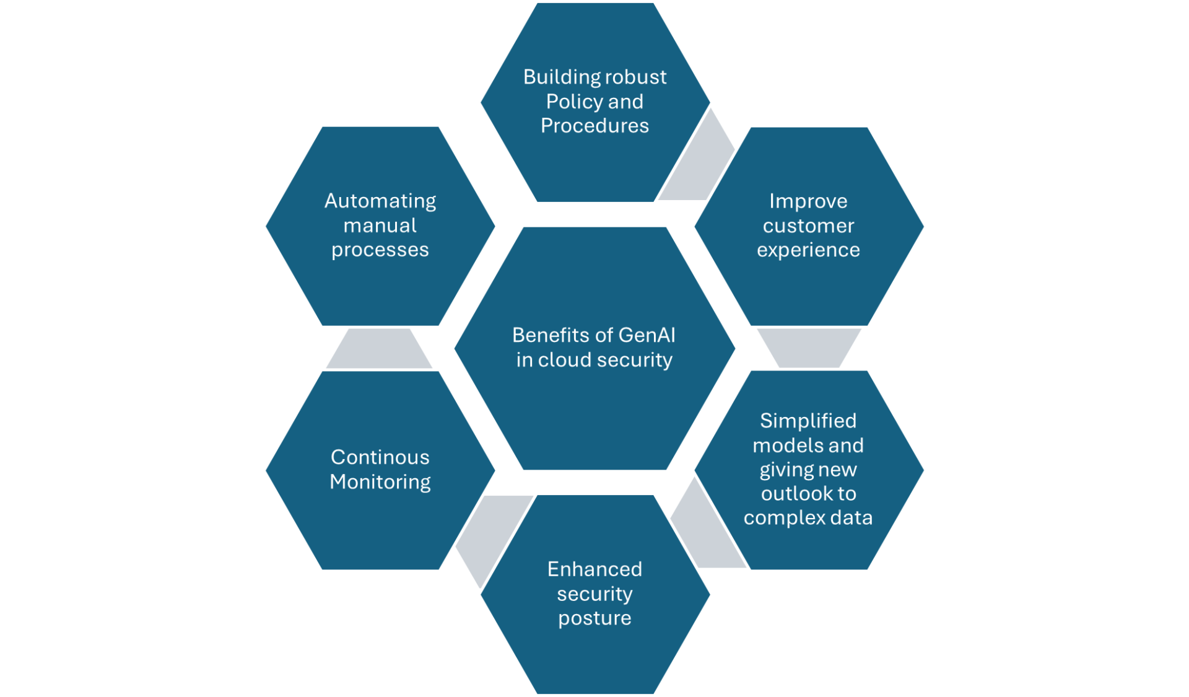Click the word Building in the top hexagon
click(x=552, y=77)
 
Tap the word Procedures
click(x=594, y=126)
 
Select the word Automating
click(x=380, y=201)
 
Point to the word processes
click(x=380, y=250)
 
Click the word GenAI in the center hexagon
click(x=647, y=335)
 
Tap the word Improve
click(x=808, y=201)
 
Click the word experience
click(x=808, y=250)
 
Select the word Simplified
click(x=808, y=421)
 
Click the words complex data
click(x=808, y=518)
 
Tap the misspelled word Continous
click(x=380, y=457)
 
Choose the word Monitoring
click(x=380, y=482)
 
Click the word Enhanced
click(x=594, y=569)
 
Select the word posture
click(x=594, y=618)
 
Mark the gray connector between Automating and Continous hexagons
click(x=379, y=348)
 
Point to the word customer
click(x=808, y=226)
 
